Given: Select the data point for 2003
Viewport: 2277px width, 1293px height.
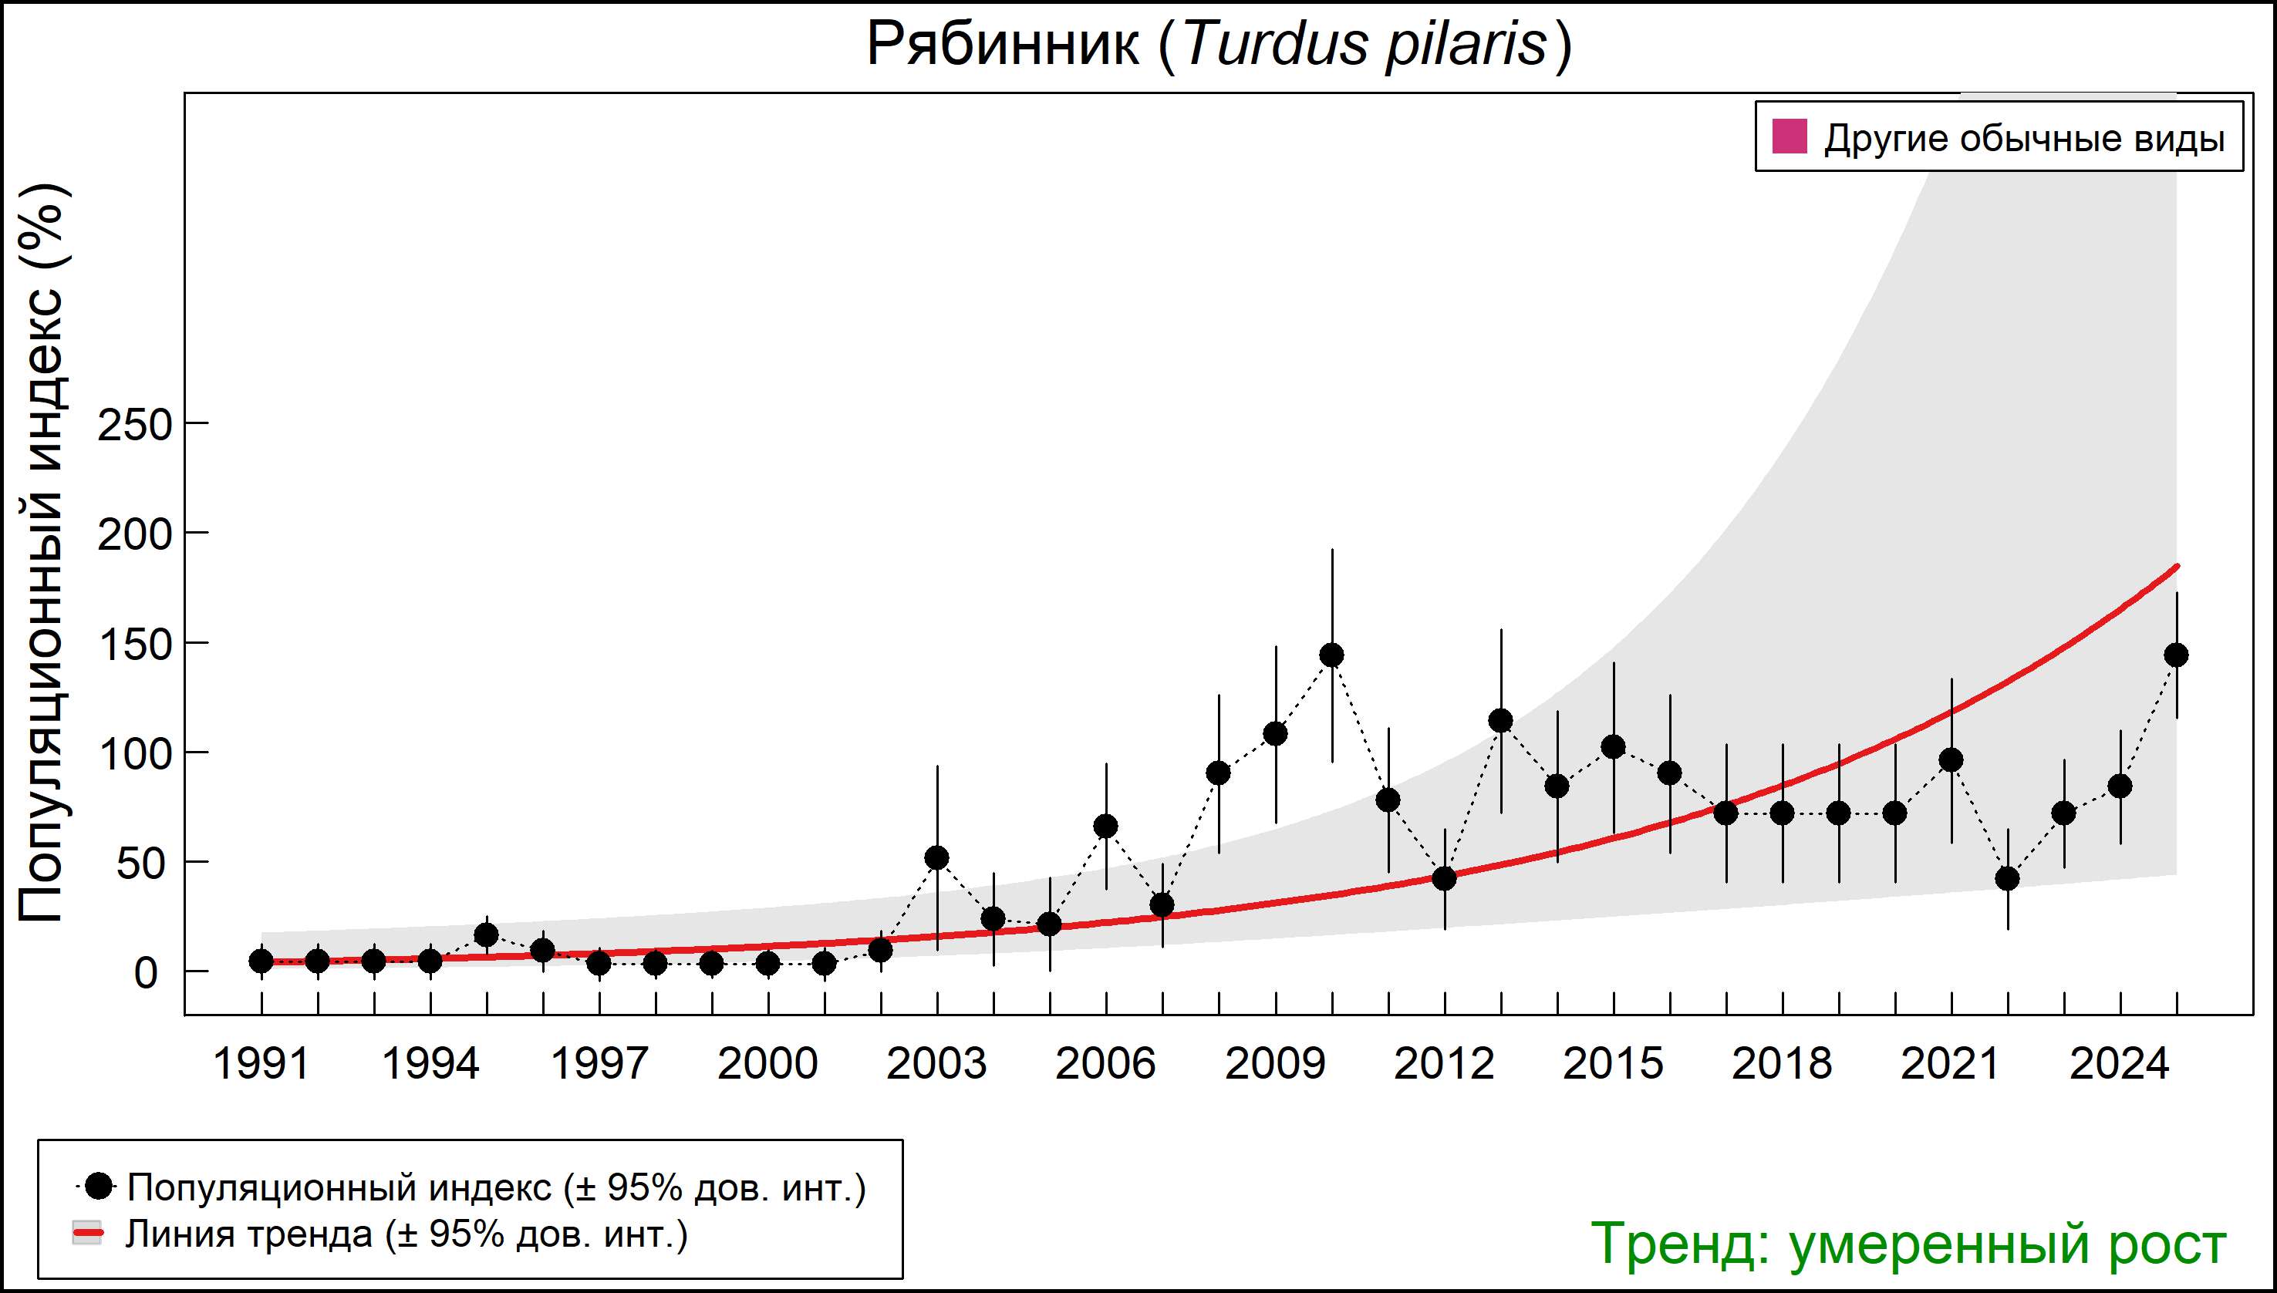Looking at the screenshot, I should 937,858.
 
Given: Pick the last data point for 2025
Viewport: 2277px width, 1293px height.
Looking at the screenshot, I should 2177,655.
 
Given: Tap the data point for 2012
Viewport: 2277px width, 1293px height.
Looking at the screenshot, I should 1445,878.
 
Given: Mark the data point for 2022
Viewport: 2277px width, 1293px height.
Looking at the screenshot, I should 2008,878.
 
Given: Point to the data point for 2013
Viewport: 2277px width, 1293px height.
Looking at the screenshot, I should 1500,721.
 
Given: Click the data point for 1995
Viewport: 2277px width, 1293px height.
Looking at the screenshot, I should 487,935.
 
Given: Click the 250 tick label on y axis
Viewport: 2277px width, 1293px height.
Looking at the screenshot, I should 134,426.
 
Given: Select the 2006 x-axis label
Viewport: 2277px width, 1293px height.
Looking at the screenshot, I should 1105,1064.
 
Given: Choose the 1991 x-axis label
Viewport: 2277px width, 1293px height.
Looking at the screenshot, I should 261,1064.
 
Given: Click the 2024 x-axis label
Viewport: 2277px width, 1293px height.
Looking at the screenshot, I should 2120,1064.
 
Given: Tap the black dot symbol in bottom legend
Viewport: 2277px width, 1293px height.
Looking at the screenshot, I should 100,1186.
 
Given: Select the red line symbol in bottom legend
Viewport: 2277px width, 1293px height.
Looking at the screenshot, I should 88,1234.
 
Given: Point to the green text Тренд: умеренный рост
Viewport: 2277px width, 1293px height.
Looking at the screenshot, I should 1908,1244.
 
